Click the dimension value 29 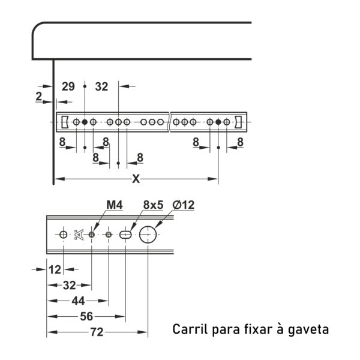68,86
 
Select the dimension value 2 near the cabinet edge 39,96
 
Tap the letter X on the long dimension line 136,179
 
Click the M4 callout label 115,205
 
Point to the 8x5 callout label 153,205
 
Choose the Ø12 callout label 184,205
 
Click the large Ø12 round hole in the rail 148,235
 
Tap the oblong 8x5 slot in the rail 125,235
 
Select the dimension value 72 97,332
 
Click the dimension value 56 86,316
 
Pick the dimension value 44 78,301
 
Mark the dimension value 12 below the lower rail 55,269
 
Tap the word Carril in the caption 191,329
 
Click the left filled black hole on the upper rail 85,122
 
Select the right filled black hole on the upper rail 218,122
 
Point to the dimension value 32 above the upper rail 101,86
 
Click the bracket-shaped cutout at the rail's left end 65,122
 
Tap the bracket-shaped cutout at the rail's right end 238,122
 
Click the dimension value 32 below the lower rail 70,285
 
